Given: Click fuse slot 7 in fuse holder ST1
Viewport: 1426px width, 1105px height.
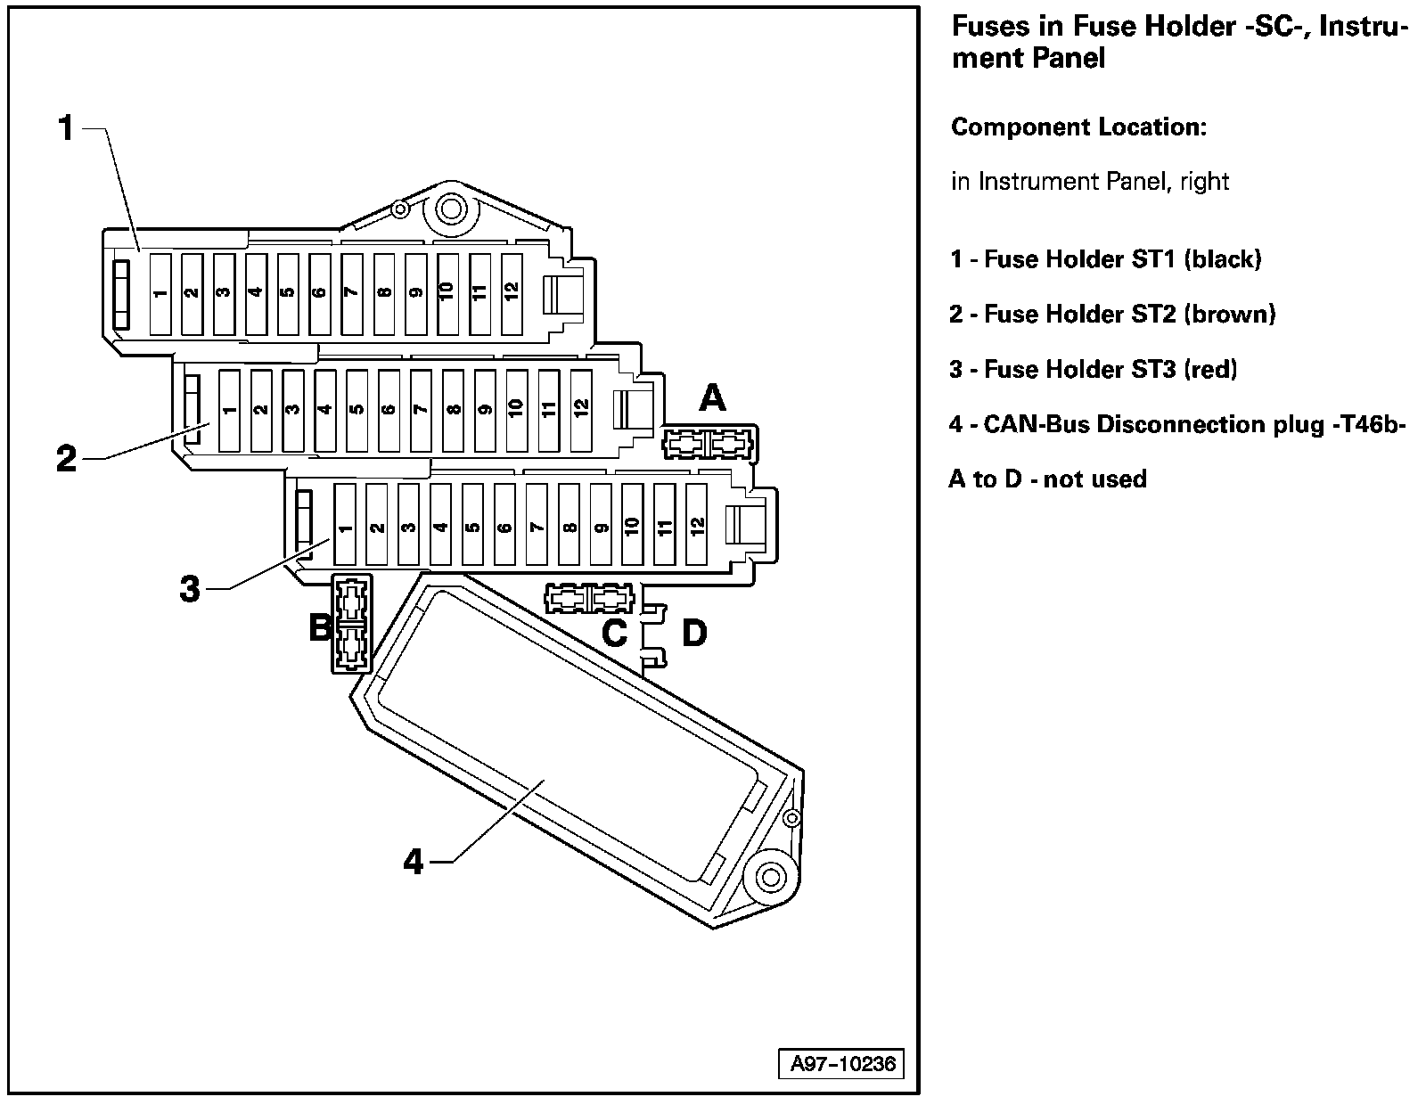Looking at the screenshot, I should point(352,294).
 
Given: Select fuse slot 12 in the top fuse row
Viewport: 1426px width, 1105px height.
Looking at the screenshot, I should point(512,294).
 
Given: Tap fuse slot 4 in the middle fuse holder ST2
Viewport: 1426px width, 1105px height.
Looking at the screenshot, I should point(324,411).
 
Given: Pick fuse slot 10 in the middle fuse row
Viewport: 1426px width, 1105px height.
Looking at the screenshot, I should point(516,411).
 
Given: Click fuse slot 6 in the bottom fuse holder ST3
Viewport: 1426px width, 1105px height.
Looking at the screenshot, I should point(504,526).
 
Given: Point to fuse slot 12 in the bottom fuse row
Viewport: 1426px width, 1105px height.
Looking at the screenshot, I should point(697,526).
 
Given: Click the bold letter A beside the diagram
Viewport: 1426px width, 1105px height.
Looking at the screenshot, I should point(712,397).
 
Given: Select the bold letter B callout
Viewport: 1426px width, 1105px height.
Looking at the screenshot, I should point(319,628).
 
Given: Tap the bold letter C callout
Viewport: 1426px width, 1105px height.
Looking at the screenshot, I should point(615,634).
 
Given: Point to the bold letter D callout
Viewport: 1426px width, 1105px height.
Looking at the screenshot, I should point(694,634).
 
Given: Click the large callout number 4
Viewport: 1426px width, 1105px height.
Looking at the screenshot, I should point(414,862).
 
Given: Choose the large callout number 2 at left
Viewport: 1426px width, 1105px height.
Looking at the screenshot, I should point(66,460).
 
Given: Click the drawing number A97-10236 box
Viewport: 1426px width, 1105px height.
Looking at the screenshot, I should point(841,1064).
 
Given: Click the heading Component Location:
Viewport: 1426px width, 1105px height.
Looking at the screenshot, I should point(1078,127).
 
